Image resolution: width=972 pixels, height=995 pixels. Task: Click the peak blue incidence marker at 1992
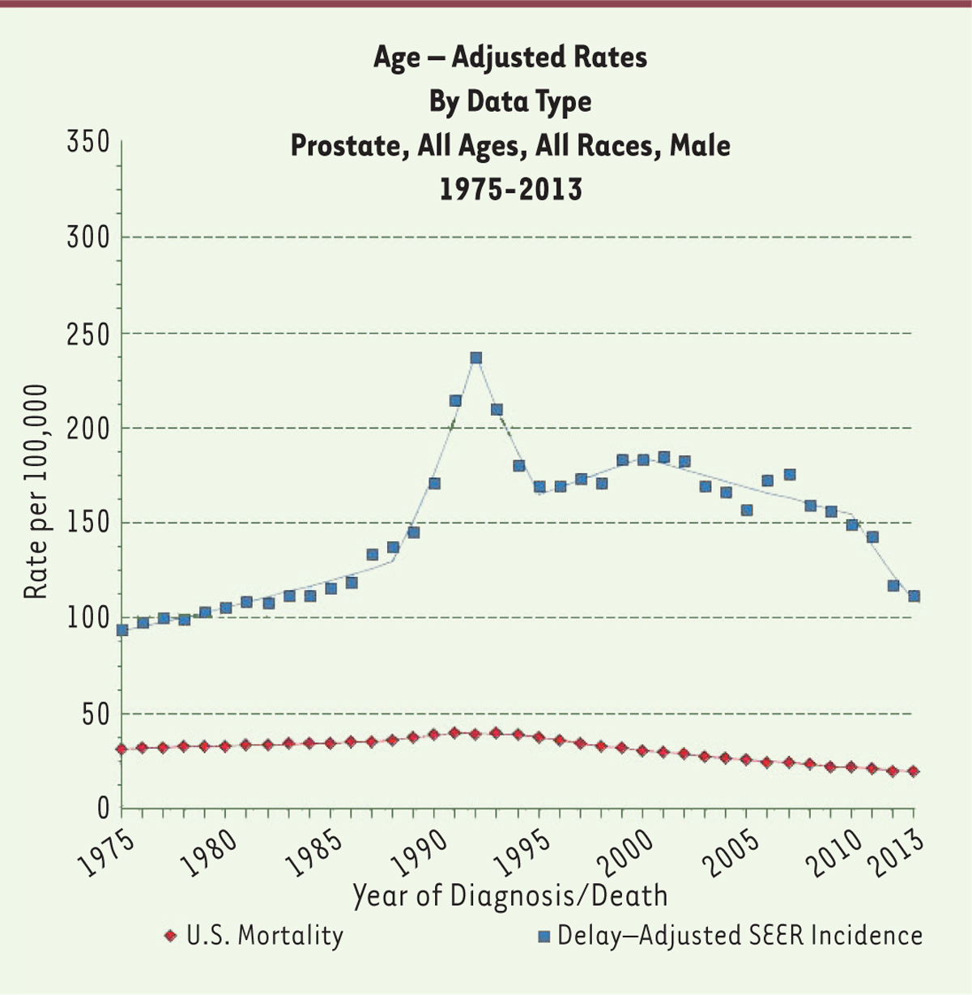(x=476, y=357)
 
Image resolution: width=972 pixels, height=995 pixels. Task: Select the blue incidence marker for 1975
(x=122, y=630)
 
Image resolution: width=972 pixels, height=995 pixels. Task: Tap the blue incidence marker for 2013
(x=914, y=596)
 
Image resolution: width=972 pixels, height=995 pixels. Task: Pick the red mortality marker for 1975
(x=122, y=749)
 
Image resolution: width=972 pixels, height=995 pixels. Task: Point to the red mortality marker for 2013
(x=914, y=771)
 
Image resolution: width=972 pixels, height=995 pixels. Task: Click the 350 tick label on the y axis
(x=87, y=142)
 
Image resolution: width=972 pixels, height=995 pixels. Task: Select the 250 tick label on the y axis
(x=87, y=333)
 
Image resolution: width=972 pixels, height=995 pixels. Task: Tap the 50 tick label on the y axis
(x=94, y=714)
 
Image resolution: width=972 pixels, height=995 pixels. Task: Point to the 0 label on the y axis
(x=102, y=808)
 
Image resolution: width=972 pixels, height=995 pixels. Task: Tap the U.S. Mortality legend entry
(x=254, y=936)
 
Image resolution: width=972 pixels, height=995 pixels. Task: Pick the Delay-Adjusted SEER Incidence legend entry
(x=731, y=936)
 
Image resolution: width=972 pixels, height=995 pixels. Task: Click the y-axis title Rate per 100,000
(x=36, y=492)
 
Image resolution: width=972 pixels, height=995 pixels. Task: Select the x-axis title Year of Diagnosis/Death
(x=510, y=895)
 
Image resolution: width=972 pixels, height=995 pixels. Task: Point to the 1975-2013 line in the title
(x=510, y=190)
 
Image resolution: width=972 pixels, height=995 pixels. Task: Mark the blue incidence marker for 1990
(x=434, y=483)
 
